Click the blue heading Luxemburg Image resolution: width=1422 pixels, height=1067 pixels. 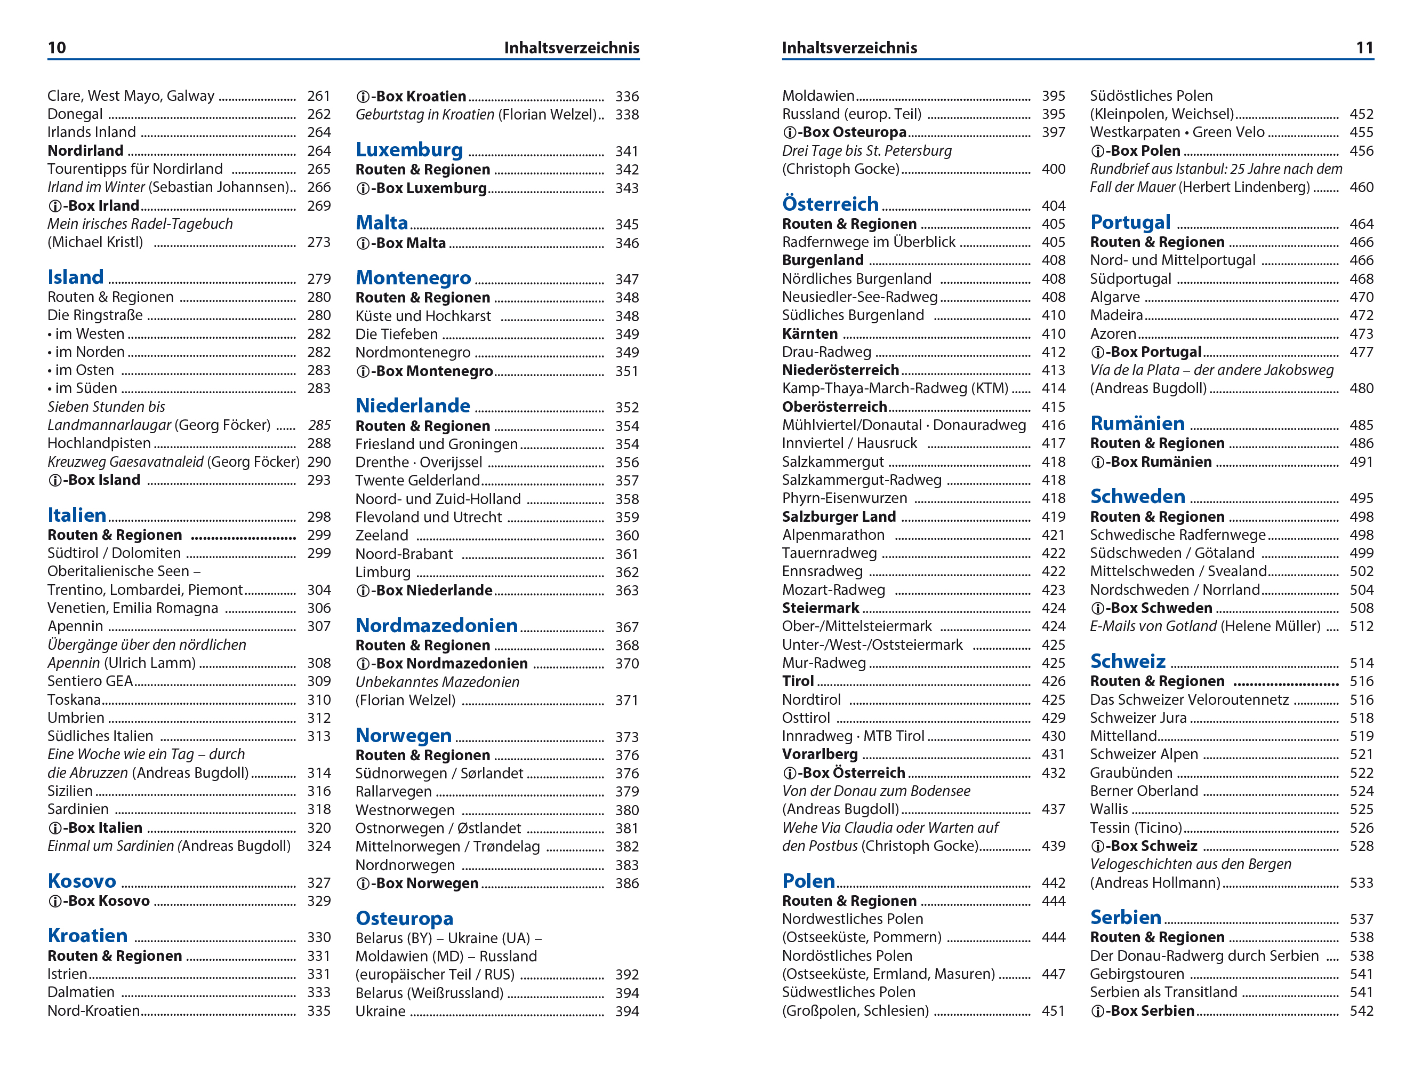click(x=409, y=150)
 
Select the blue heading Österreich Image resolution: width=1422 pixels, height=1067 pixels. click(x=830, y=204)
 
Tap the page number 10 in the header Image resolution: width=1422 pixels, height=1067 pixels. click(x=57, y=47)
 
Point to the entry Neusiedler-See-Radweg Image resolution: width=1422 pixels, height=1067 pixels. click(x=859, y=297)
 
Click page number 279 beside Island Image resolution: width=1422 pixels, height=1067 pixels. click(x=319, y=278)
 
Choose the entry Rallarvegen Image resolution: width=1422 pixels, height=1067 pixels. click(x=393, y=792)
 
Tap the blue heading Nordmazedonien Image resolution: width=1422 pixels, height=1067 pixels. click(x=437, y=626)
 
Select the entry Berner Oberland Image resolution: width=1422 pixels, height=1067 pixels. click(x=1144, y=791)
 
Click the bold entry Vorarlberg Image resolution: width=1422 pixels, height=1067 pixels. click(x=820, y=754)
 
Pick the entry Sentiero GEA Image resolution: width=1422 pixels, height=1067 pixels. click(x=90, y=681)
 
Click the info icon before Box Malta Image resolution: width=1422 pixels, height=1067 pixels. click(x=363, y=244)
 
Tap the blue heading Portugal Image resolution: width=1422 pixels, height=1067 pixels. click(x=1130, y=222)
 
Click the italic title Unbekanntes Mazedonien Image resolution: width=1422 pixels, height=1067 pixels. click(x=437, y=682)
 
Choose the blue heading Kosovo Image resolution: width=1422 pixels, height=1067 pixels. click(x=82, y=881)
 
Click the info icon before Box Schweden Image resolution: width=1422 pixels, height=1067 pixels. click(x=1097, y=608)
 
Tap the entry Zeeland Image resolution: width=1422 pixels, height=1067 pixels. click(x=382, y=535)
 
